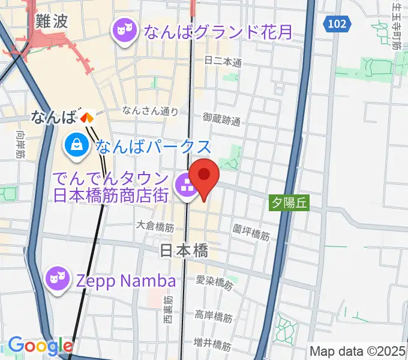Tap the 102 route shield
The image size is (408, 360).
click(x=337, y=24)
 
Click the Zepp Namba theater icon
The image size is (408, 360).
click(x=58, y=278)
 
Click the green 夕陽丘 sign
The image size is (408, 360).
click(x=288, y=203)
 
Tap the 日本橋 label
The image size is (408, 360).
click(x=184, y=251)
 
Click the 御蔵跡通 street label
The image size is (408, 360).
click(x=221, y=119)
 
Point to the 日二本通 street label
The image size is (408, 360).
click(x=223, y=62)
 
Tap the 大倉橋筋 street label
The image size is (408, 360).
click(x=155, y=226)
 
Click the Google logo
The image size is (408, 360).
click(x=40, y=346)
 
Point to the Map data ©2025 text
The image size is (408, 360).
click(x=358, y=350)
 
